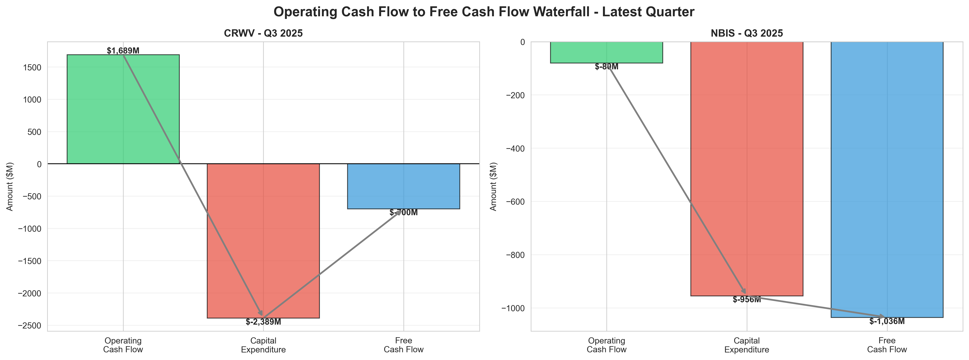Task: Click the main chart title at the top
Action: tap(484, 12)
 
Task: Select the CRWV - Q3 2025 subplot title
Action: tap(263, 34)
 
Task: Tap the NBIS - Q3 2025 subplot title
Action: tap(747, 34)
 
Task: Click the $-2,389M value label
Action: tap(263, 322)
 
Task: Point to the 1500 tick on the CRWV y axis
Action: tap(34, 67)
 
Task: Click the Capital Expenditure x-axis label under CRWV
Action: tap(263, 345)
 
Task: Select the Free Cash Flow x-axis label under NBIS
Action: tap(887, 345)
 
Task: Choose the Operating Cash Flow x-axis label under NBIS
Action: tap(606, 345)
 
